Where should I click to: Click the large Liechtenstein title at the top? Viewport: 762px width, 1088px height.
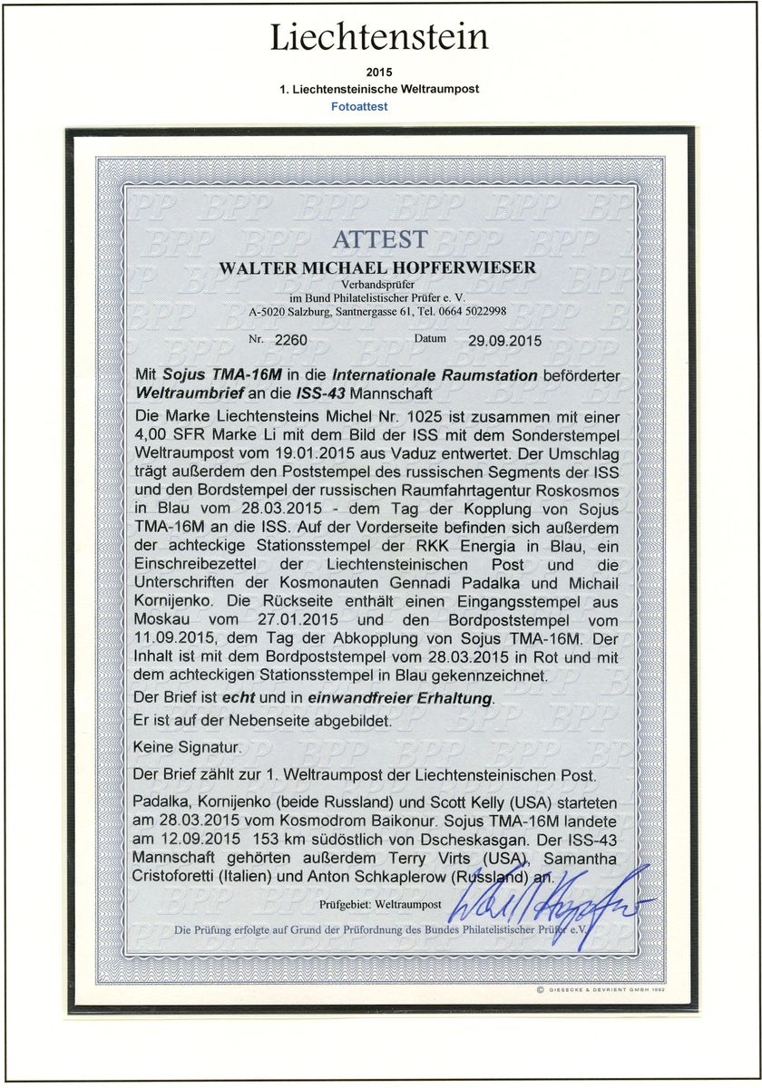380,38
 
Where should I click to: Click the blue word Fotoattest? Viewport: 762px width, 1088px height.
358,107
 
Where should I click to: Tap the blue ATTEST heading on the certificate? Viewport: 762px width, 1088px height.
379,239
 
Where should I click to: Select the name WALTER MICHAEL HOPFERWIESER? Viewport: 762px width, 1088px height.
379,268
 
